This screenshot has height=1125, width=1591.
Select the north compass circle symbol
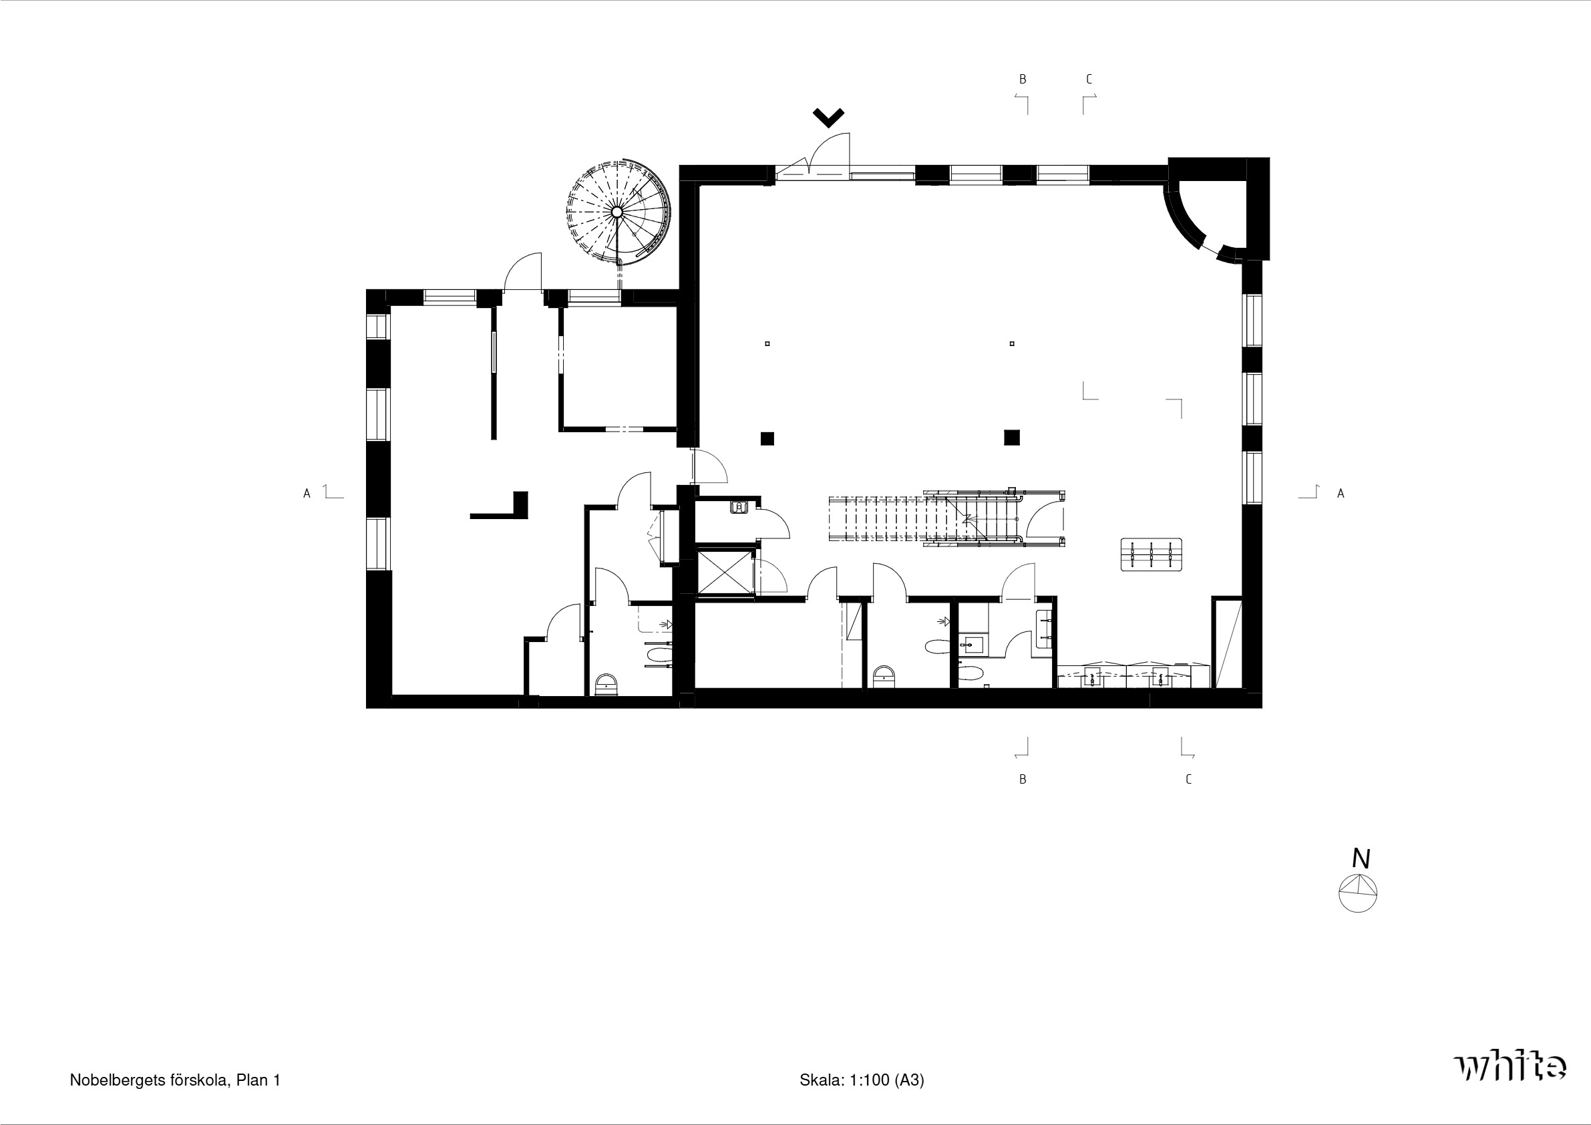pos(1357,893)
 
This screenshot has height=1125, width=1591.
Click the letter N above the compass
pos(1361,859)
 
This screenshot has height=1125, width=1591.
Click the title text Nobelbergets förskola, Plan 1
pos(175,1080)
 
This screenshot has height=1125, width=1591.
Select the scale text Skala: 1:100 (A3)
pos(862,1080)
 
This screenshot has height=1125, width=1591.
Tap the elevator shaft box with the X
pos(724,572)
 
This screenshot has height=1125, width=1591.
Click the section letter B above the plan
pos(1022,79)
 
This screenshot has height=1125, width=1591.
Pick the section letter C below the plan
pos(1188,779)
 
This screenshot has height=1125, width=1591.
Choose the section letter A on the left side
pos(307,494)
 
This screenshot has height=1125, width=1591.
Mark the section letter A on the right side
pos(1341,494)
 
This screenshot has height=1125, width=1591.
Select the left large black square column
pos(767,438)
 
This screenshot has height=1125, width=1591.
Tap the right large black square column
pos(1012,438)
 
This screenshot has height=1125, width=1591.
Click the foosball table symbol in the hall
pos(1151,554)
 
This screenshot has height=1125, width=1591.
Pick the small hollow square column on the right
pos(1013,343)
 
